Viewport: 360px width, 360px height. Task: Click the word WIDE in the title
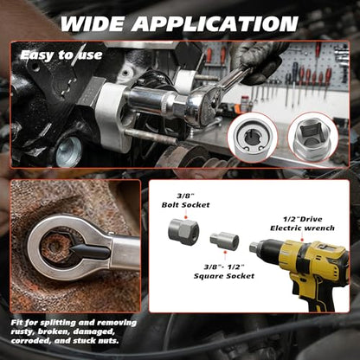coord(93,23)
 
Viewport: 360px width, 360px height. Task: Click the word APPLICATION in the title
coord(215,23)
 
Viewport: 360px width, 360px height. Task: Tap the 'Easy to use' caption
coord(61,55)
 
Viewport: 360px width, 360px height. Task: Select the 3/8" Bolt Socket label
coord(185,201)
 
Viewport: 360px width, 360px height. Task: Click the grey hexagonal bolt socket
coord(183,232)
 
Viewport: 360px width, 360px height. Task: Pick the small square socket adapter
coord(224,241)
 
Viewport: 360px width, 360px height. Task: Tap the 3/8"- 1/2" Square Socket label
coord(224,272)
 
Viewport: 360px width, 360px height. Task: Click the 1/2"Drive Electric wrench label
coord(302,223)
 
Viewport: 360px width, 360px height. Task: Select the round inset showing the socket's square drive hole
coord(313,137)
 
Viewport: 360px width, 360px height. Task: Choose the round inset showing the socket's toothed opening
coord(253,138)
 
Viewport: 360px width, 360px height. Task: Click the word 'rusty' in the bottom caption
coord(22,331)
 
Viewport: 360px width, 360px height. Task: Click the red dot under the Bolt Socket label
coord(185,216)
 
